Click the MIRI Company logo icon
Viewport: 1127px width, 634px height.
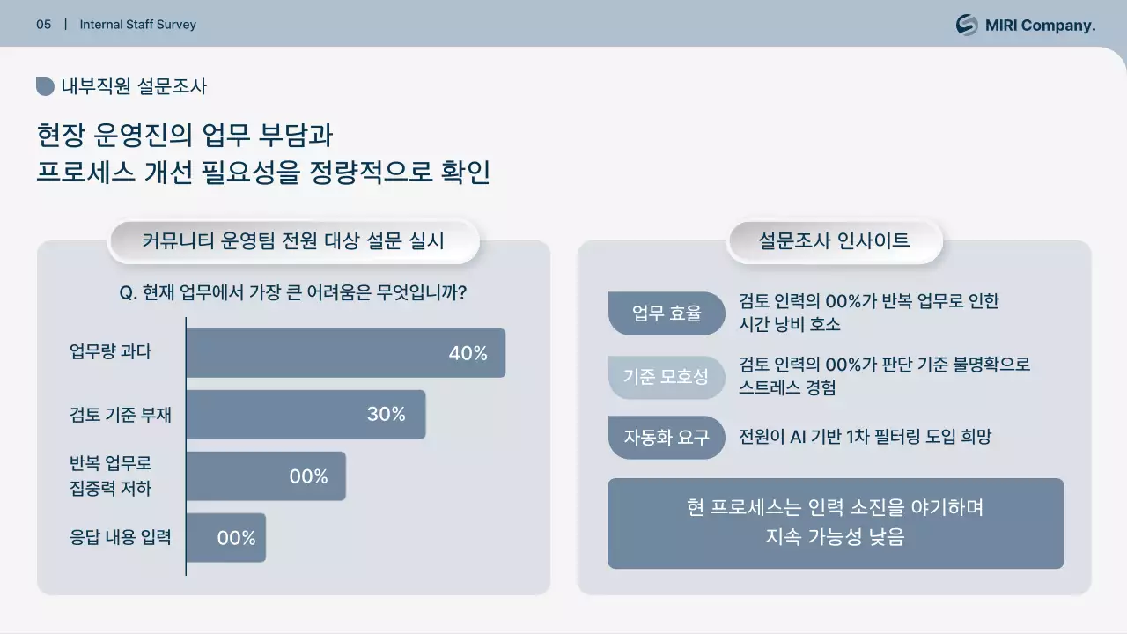click(967, 25)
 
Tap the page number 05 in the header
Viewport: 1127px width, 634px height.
click(44, 25)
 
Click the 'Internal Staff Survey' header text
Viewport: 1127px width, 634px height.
click(138, 25)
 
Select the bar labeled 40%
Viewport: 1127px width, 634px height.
click(345, 353)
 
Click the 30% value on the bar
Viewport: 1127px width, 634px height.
click(386, 414)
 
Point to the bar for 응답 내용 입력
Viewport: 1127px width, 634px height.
click(225, 538)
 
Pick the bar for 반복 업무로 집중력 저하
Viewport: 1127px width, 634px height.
click(265, 476)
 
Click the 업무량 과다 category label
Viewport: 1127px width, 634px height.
click(111, 352)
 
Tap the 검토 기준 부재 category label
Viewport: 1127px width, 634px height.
click(121, 414)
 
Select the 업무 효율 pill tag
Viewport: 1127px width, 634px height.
click(667, 313)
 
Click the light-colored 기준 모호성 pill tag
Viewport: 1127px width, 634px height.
click(667, 377)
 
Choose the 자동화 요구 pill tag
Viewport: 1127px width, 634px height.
click(667, 438)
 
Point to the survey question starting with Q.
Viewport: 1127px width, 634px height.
click(292, 293)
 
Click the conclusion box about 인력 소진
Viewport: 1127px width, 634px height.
click(836, 523)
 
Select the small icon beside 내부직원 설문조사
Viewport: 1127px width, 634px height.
click(45, 86)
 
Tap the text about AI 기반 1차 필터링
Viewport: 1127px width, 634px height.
click(865, 437)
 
